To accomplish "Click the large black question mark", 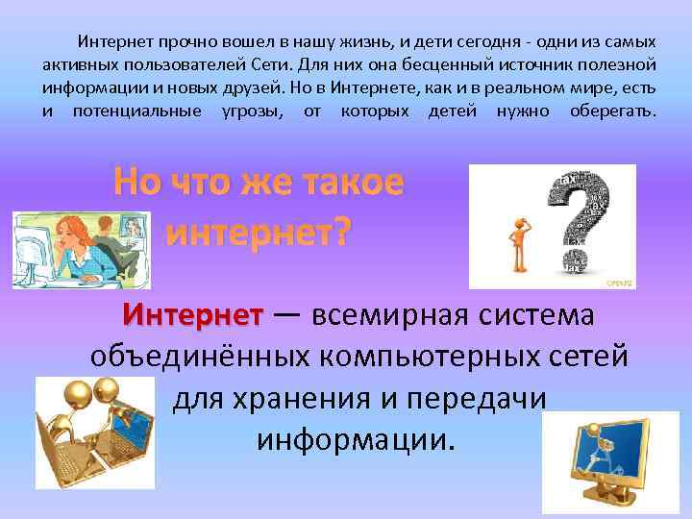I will tap(582, 216).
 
